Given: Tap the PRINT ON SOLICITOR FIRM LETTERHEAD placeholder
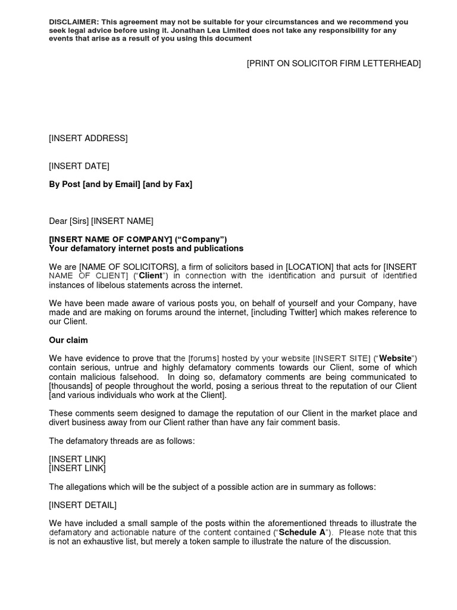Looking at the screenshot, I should [334, 64].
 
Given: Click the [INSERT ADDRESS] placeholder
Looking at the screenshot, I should [88, 139].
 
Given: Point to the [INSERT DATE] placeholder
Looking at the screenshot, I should [79, 166].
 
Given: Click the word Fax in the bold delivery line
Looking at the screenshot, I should [181, 185].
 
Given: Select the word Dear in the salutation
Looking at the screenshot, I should [58, 222].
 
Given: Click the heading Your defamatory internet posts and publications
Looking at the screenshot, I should [146, 248].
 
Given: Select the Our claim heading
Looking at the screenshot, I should [68, 340].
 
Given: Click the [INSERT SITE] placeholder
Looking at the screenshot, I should [342, 359].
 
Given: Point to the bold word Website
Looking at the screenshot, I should [396, 359].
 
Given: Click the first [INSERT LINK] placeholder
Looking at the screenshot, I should [77, 459].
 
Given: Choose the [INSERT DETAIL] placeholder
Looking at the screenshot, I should [83, 505].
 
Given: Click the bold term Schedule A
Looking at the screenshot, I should [301, 533].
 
